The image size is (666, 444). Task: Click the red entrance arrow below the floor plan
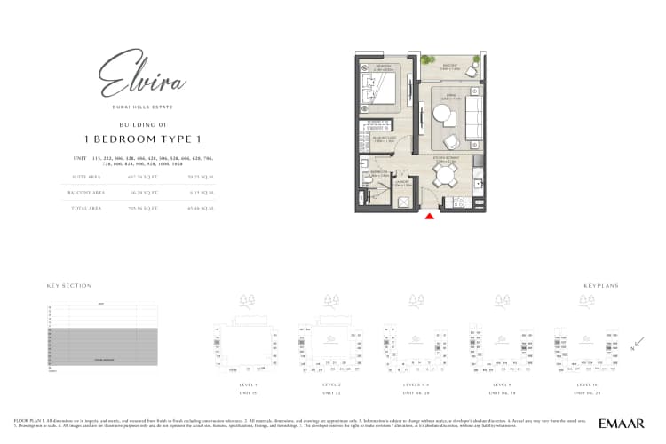[x=430, y=216]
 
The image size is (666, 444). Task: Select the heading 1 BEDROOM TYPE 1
[x=143, y=139]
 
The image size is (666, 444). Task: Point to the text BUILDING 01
[x=143, y=124]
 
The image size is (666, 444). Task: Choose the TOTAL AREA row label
[x=87, y=207]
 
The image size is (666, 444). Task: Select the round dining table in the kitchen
[x=441, y=176]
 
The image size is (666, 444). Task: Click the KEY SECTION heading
[x=68, y=286]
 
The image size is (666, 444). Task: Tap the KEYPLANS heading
[x=600, y=286]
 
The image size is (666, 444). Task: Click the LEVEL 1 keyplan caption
[x=247, y=384]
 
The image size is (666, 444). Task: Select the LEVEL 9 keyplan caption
[x=502, y=384]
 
